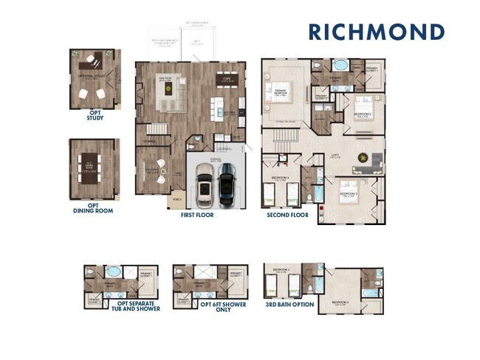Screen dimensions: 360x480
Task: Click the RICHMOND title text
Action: [376, 32]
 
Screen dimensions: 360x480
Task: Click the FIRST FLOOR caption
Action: [197, 215]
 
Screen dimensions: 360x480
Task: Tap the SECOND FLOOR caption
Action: [287, 215]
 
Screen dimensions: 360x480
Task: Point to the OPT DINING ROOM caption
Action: [95, 209]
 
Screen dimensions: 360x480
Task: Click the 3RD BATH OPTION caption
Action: [289, 304]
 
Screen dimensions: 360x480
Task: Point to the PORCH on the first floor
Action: [176, 199]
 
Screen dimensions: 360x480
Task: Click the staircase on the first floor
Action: [153, 136]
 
